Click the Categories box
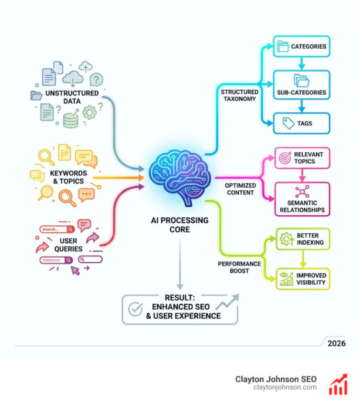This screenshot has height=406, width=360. click(301, 47)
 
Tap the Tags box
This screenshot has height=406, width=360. click(301, 122)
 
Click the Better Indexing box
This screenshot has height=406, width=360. click(302, 241)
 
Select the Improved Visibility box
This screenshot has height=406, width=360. click(302, 279)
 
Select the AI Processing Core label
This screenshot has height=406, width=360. click(179, 224)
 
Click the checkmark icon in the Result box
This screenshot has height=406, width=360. click(137, 309)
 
